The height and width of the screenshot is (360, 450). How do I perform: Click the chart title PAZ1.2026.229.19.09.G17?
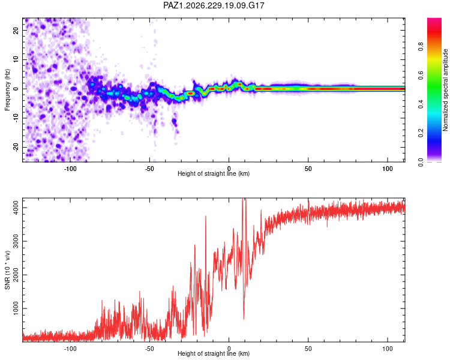tap(214, 5)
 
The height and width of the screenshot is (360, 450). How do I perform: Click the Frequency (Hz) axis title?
tap(7, 90)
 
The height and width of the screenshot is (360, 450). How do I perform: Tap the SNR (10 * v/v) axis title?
tap(7, 270)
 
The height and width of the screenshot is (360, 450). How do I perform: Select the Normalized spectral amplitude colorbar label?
tap(445, 90)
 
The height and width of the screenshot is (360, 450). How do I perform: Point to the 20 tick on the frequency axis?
tap(16, 30)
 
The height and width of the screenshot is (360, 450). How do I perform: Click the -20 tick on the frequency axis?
tap(16, 148)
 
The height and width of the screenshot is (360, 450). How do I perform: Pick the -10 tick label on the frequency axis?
tap(16, 118)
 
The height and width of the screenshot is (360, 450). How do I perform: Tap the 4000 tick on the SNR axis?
tap(16, 208)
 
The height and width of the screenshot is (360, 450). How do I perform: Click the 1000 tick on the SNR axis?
tap(16, 308)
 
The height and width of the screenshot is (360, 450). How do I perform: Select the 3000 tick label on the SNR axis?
tap(16, 241)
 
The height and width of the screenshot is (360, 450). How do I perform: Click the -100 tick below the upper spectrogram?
tap(70, 169)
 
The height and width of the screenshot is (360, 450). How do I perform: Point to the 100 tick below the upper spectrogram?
tap(388, 169)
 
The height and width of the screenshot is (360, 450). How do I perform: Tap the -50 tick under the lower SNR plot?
tap(149, 349)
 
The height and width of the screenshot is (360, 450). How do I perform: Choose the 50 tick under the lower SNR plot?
tap(308, 349)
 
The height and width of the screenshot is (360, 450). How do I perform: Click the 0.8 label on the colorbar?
tap(421, 46)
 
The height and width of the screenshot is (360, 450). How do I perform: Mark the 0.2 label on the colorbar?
tap(421, 133)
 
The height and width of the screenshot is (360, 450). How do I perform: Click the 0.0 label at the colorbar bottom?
tap(421, 162)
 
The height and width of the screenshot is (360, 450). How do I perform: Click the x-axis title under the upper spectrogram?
tap(214, 173)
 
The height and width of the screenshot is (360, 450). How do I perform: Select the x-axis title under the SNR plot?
tap(214, 353)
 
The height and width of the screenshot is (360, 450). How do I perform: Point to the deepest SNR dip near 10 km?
tap(244, 319)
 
